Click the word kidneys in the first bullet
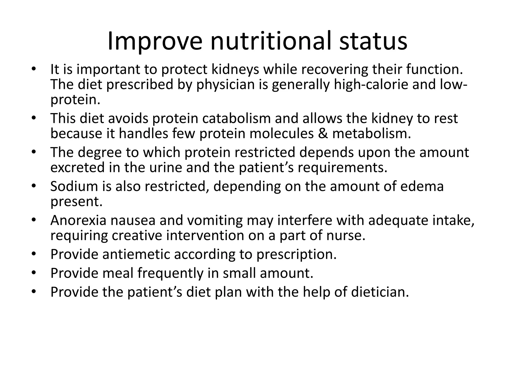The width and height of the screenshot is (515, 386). click(x=235, y=69)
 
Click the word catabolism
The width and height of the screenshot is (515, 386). click(x=236, y=118)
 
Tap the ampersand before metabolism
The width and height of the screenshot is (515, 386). click(x=323, y=133)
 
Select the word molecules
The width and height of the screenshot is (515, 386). click(x=282, y=133)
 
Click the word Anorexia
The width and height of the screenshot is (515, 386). click(x=78, y=220)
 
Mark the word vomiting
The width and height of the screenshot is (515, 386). click(x=215, y=221)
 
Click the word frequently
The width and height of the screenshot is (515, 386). click(x=170, y=273)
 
